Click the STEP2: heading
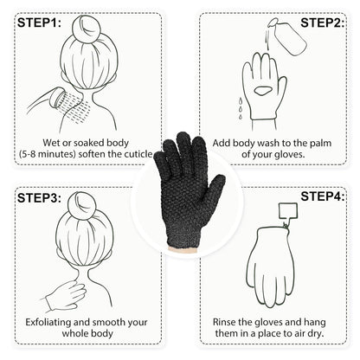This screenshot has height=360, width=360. (x=322, y=23)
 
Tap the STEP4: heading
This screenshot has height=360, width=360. (x=322, y=199)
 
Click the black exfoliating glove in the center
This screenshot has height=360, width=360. (x=179, y=181)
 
